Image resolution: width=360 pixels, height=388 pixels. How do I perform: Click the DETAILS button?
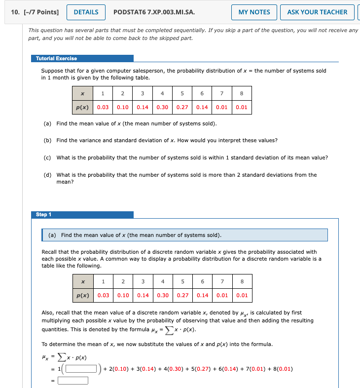tap(86, 12)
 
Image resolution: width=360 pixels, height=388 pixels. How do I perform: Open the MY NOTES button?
tap(254, 12)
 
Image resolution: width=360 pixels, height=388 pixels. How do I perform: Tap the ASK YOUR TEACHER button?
tap(317, 12)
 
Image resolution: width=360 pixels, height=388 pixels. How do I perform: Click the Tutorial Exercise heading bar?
tap(82, 58)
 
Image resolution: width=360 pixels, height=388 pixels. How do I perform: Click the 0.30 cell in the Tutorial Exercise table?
tap(162, 107)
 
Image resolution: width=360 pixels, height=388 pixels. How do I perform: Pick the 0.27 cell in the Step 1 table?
tap(182, 295)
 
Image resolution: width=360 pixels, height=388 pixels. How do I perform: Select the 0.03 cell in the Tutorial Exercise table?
tap(103, 107)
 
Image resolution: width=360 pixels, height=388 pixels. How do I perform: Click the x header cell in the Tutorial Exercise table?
tap(82, 93)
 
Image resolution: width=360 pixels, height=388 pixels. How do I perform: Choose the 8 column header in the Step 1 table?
tap(242, 281)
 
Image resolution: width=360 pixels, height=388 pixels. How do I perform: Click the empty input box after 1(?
tap(81, 368)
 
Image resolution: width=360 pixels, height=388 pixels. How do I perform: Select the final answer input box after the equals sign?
tap(73, 380)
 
